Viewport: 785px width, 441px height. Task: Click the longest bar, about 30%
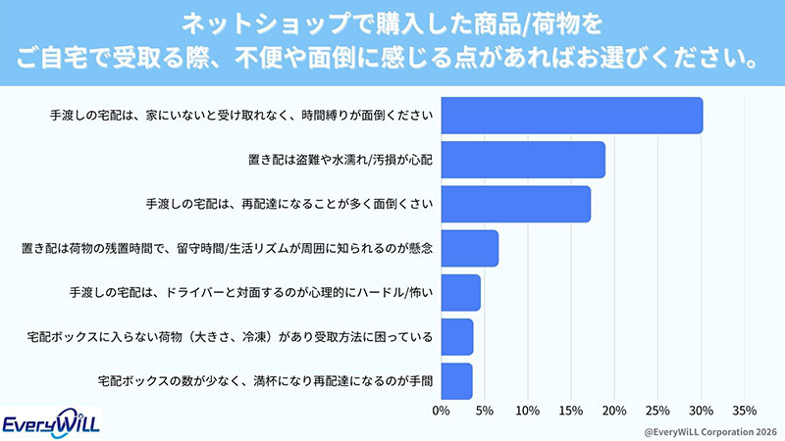571,116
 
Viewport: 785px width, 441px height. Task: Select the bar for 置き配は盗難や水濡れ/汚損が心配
522,160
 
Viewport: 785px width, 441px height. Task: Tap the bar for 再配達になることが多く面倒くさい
515,204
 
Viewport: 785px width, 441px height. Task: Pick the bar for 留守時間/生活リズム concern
469,248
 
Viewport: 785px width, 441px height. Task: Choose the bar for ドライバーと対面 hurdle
460,292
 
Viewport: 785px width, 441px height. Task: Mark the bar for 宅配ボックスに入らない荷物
456,336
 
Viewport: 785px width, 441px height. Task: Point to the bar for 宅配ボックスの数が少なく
456,380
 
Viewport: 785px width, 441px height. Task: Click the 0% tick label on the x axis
441,410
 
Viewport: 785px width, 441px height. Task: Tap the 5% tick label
484,410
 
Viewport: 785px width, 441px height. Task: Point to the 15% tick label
570,410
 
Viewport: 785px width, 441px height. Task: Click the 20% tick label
614,410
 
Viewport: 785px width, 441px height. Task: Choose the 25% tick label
657,410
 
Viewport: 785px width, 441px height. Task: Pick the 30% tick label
701,410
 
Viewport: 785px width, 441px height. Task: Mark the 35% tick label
744,410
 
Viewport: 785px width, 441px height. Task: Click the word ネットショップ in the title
222,22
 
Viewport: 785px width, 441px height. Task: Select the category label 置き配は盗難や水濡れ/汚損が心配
339,160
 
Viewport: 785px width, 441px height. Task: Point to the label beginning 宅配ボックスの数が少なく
266,380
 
